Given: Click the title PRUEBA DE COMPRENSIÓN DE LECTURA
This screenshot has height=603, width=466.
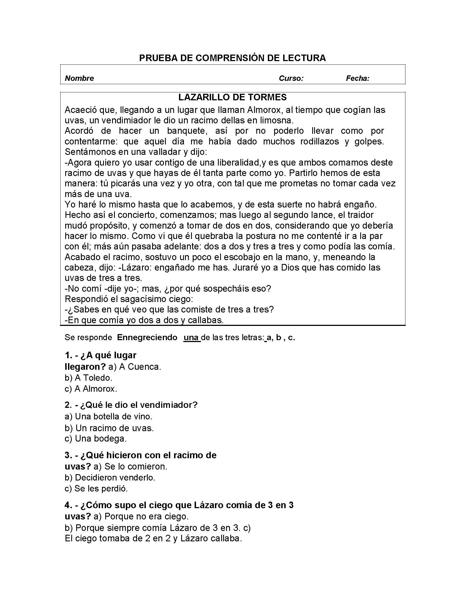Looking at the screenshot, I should pos(232,58).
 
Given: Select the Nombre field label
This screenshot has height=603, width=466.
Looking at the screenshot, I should pos(79,78).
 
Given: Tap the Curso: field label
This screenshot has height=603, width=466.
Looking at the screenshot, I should pos(291,78).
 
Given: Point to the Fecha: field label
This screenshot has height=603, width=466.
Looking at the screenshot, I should pos(357,78).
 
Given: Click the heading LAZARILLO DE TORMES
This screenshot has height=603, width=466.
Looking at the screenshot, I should pos(232,97).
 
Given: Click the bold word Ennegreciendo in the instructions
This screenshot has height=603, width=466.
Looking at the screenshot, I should pos(147,337).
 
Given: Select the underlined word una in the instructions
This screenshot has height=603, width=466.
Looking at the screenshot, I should pos(191,337).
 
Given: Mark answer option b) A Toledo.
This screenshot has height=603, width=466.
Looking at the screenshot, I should pos(88,378).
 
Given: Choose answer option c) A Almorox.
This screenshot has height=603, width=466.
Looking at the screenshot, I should pos(91,389).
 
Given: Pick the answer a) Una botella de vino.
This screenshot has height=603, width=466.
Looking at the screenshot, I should pos(108,416).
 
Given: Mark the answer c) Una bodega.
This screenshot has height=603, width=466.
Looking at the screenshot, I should pos(95,439).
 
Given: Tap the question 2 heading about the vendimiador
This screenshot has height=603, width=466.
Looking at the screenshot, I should pos(131,405).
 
